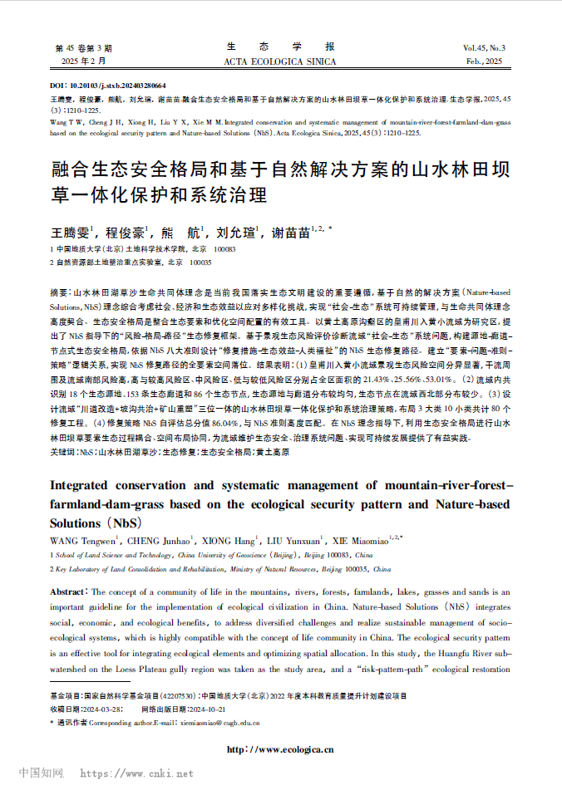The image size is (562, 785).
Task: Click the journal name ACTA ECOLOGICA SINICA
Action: pos(280,62)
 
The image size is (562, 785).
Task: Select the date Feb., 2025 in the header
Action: pos(485,62)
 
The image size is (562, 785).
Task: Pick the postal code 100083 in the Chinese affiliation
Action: pos(225,249)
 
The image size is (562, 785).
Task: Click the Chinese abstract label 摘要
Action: pos(60,294)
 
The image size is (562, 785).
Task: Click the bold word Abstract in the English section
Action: pos(68,591)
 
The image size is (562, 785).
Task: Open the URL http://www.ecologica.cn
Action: pos(280,749)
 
